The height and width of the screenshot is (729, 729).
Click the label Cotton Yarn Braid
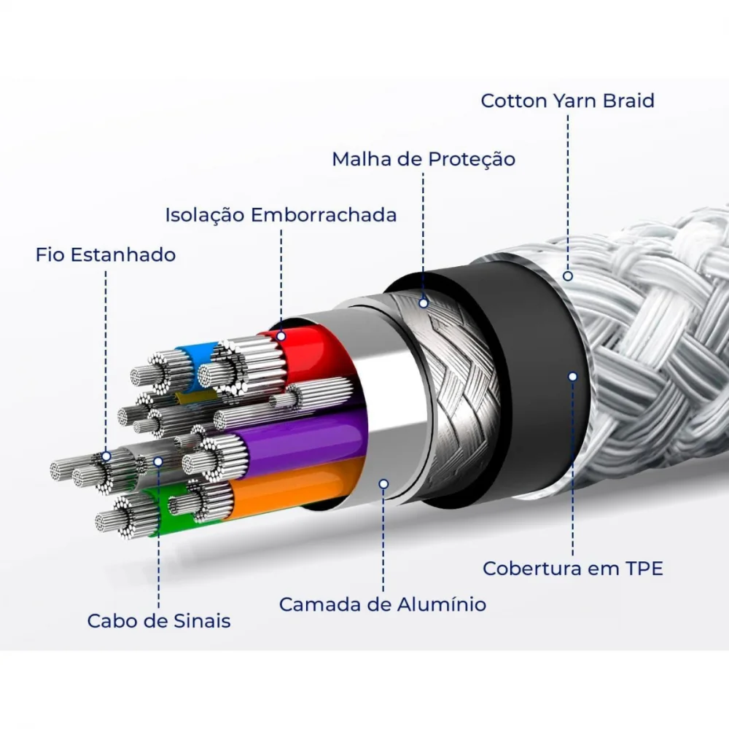pos(567,101)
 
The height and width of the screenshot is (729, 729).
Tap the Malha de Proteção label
pos(424,159)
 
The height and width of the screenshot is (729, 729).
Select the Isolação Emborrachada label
pos(281,215)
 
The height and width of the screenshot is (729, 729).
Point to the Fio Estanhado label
pos(106,254)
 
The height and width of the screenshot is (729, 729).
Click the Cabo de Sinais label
pos(158,620)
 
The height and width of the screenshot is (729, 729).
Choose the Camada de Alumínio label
pos(383,604)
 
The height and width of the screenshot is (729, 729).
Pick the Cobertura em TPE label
pos(573,568)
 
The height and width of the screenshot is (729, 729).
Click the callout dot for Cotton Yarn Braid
pos(568,276)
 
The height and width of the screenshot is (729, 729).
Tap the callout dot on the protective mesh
pos(424,303)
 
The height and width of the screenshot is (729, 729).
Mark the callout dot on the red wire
pos(281,335)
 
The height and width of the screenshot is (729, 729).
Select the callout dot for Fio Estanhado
pos(106,456)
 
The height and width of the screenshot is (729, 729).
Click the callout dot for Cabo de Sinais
pos(158,461)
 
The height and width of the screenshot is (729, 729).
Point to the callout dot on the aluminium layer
pos(383,484)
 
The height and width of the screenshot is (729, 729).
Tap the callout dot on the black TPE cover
pos(573,377)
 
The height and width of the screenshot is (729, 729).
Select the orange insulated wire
pos(297,488)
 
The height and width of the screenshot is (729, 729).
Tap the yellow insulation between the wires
pos(195,397)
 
